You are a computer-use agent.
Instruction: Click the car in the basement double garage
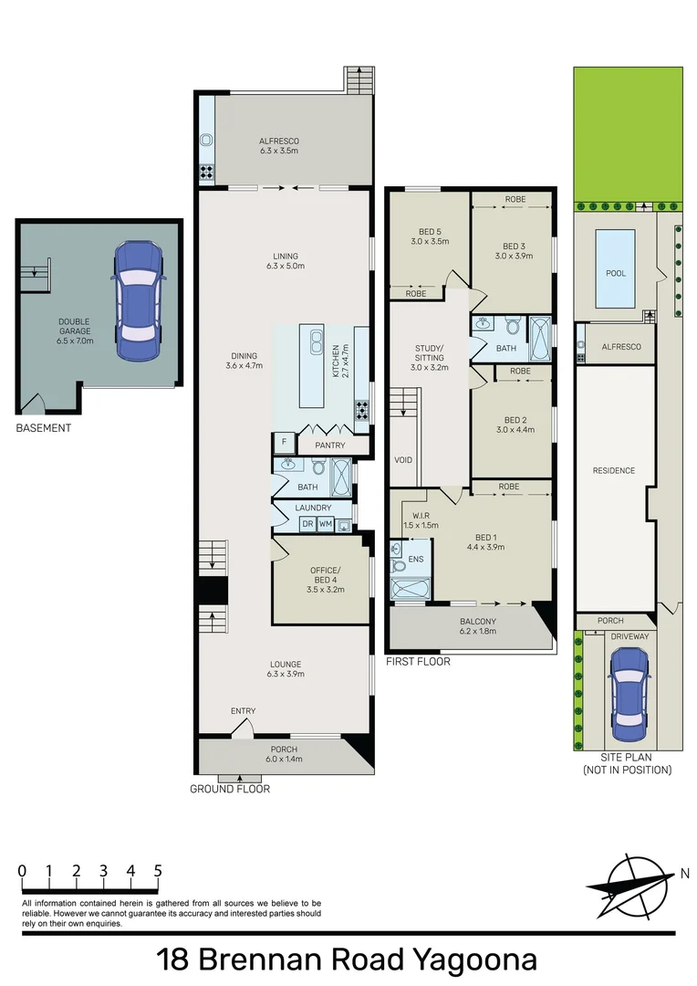coord(138,300)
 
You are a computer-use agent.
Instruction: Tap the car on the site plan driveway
coord(629,694)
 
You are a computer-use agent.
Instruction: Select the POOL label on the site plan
coord(616,273)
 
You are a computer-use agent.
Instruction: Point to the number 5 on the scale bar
coord(158,871)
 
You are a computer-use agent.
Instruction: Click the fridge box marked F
coord(284,443)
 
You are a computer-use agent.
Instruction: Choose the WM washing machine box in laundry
coord(325,524)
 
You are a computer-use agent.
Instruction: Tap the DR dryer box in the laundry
coord(307,524)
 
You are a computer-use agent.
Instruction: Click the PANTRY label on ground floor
coord(330,446)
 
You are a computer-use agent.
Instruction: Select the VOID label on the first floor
coord(403,459)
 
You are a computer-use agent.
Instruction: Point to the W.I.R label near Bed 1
coord(421,516)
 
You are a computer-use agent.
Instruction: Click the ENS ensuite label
coord(415,559)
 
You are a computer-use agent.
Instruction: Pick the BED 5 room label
coord(430,231)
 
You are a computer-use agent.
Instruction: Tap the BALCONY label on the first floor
coord(478,622)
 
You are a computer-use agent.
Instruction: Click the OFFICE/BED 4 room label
coord(326,575)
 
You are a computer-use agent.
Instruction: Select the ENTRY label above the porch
coord(244,710)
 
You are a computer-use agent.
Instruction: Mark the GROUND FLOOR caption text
coord(230,789)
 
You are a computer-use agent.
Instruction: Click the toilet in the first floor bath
coord(513,325)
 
